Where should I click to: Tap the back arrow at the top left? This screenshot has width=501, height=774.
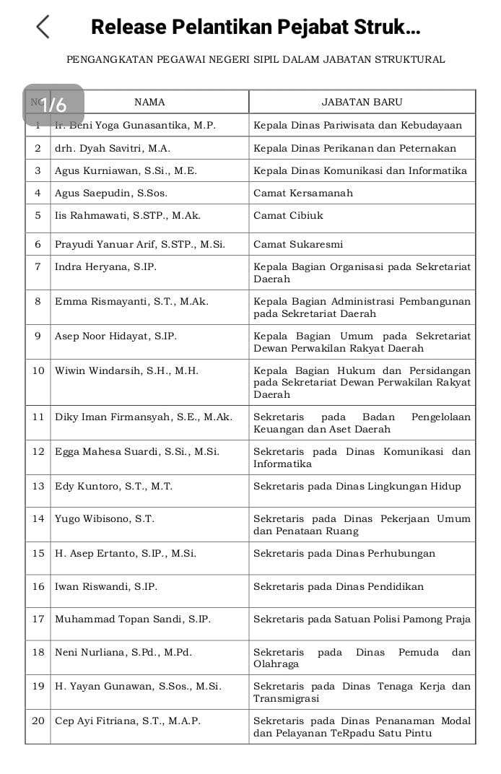pyautogui.click(x=43, y=27)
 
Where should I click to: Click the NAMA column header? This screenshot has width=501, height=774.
pyautogui.click(x=149, y=102)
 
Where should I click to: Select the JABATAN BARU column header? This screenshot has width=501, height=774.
pyautogui.click(x=362, y=102)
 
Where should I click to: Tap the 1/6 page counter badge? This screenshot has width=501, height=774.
pyautogui.click(x=53, y=105)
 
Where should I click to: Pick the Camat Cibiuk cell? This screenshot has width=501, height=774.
pyautogui.click(x=288, y=215)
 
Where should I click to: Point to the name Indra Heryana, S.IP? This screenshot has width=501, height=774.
pyautogui.click(x=105, y=266)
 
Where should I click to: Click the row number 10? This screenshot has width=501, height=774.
pyautogui.click(x=38, y=370)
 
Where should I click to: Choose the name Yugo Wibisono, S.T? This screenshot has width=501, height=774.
pyautogui.click(x=105, y=518)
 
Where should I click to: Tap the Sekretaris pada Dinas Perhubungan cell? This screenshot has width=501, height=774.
pyautogui.click(x=344, y=553)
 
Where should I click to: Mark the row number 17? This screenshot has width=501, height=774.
pyautogui.click(x=38, y=619)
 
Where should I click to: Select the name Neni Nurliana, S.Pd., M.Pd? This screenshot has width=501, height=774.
pyautogui.click(x=123, y=652)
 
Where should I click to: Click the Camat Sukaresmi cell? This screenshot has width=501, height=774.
pyautogui.click(x=298, y=244)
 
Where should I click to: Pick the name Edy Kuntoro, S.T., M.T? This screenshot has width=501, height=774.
pyautogui.click(x=113, y=486)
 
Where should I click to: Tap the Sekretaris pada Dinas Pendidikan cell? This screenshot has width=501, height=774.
pyautogui.click(x=339, y=586)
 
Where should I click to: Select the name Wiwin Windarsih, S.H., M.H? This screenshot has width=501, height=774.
pyautogui.click(x=126, y=370)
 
